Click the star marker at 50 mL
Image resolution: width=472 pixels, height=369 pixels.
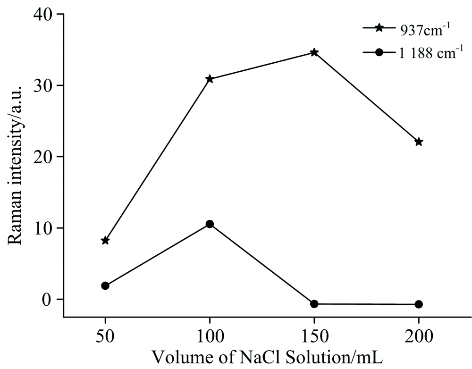point(105,241)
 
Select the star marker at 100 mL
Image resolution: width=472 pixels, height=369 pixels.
point(210,79)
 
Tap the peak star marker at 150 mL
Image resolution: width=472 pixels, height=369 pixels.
point(314,52)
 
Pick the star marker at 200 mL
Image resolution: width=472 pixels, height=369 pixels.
point(419,142)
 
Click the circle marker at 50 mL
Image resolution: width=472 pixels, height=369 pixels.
point(105,285)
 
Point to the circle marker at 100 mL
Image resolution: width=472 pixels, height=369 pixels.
point(210,224)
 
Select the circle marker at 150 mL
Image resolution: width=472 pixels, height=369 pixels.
point(314,304)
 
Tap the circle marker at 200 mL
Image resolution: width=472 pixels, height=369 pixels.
point(419,304)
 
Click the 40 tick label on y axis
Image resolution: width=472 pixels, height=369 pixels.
point(44,14)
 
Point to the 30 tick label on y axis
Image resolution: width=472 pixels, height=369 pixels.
point(44,85)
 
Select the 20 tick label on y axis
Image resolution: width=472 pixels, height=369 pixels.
point(44,157)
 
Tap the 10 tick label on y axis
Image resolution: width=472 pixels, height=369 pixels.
point(44,228)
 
